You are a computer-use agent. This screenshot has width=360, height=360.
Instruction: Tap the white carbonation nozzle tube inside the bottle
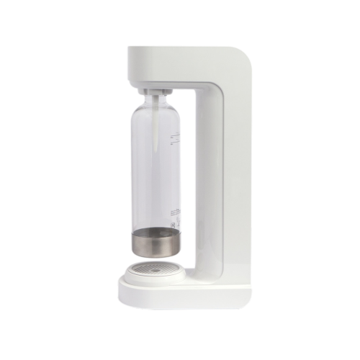click(156, 122)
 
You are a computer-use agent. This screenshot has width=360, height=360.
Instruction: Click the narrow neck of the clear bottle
click(156, 99)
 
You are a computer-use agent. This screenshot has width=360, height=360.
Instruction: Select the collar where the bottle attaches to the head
click(156, 88)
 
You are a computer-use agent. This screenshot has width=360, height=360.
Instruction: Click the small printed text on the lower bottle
click(172, 216)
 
